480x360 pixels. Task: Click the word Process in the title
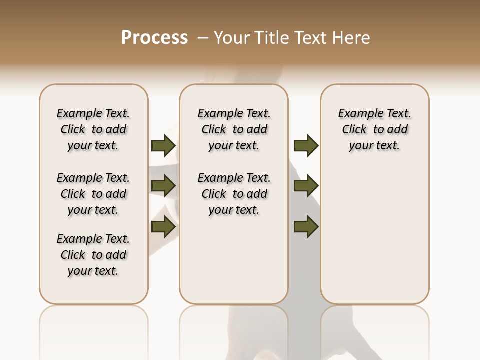tap(154, 38)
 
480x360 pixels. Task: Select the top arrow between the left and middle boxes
tap(163, 145)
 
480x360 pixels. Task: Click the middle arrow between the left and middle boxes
tap(163, 186)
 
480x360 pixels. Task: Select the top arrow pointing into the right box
tap(306, 145)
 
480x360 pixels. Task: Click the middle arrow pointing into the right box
tap(306, 186)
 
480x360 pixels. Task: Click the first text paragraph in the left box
tap(93, 129)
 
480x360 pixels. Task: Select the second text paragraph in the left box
tap(93, 194)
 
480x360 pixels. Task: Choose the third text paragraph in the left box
tap(93, 255)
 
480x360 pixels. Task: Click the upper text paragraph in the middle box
tap(234, 129)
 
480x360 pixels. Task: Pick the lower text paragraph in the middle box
tap(234, 194)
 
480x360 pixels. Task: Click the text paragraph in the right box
tap(374, 129)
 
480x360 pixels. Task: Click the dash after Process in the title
tap(202, 38)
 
